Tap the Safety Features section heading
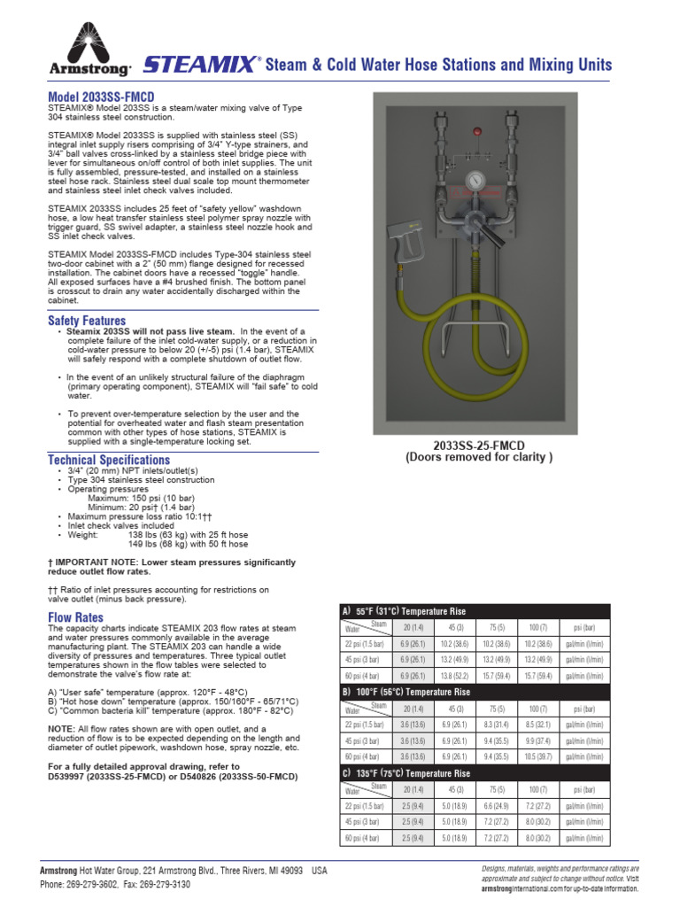pyautogui.click(x=87, y=321)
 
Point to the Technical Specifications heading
pyautogui.click(x=108, y=460)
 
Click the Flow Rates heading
pyautogui.click(x=75, y=616)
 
